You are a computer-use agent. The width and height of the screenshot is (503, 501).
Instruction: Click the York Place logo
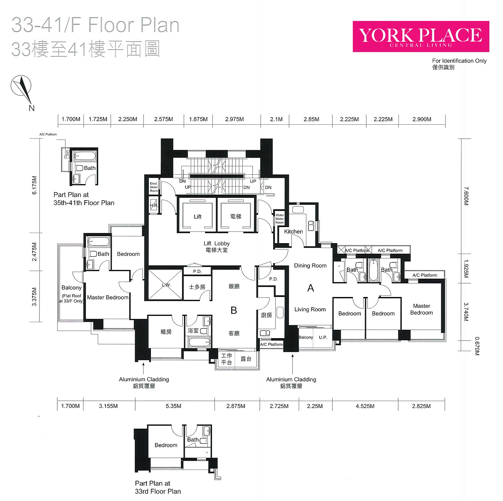(421, 37)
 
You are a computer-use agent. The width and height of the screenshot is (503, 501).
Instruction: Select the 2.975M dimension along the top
(234, 119)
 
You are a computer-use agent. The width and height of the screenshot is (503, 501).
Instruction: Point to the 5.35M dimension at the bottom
(173, 406)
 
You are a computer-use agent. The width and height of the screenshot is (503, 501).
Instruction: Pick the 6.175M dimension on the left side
(34, 186)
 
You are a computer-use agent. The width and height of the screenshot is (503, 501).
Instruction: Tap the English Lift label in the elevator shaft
(198, 216)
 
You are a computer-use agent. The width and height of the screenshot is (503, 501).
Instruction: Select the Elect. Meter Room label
(154, 187)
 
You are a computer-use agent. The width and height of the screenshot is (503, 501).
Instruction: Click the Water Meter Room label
(279, 219)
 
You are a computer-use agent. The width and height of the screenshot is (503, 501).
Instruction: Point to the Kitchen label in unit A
(293, 232)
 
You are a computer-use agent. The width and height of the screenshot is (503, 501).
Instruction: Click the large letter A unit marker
(311, 288)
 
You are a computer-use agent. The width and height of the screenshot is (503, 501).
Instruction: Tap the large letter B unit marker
(234, 310)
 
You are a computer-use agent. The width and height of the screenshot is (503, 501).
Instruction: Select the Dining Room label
(310, 266)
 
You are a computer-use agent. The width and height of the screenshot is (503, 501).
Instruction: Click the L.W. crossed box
(165, 285)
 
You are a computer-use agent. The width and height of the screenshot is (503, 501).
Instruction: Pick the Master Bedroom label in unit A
(421, 309)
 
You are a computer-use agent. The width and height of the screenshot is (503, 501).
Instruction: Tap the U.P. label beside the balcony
(323, 337)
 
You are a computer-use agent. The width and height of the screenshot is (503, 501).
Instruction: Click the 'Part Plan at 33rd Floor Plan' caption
(158, 487)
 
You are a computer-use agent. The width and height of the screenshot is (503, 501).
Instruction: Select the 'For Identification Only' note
(459, 61)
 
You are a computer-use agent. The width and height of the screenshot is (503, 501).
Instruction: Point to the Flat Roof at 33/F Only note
(71, 298)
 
